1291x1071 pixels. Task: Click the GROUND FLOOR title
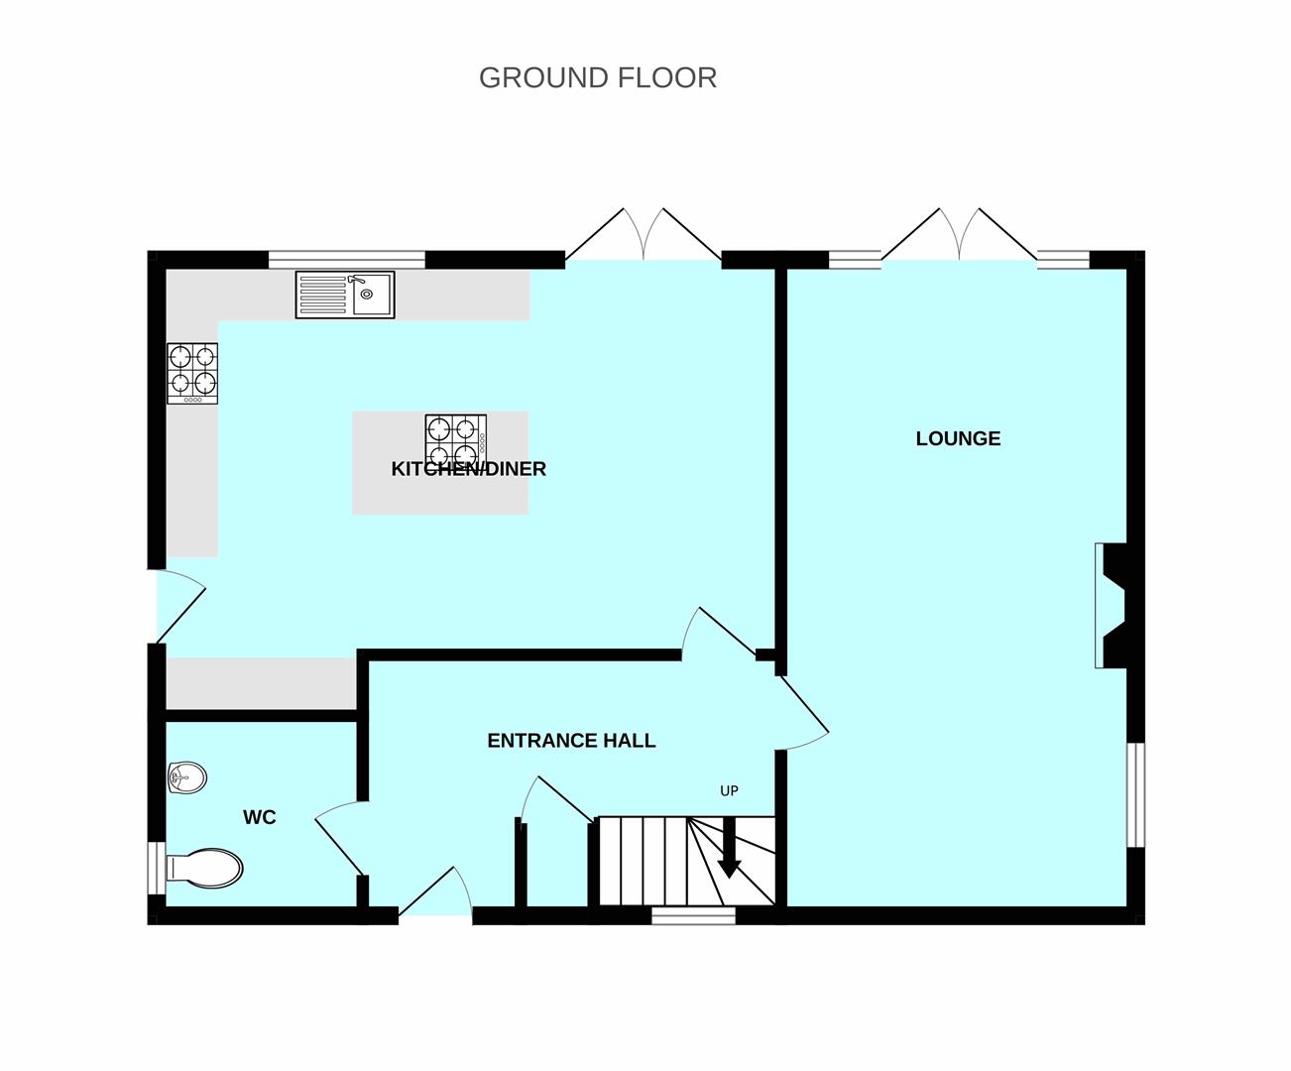(x=598, y=78)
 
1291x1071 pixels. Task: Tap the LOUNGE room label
(x=958, y=438)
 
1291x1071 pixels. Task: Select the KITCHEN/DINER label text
(x=469, y=469)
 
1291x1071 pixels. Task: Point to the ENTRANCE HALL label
(x=571, y=740)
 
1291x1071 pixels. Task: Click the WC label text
(x=259, y=817)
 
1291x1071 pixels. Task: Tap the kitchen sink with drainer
(x=345, y=295)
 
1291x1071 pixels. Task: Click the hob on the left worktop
(x=192, y=374)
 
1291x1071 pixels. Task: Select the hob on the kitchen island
(x=456, y=441)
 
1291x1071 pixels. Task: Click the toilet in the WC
(x=204, y=868)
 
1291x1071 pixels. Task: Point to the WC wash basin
(x=187, y=777)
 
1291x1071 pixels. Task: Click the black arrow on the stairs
(x=730, y=847)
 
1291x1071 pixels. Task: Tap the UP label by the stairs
(x=729, y=791)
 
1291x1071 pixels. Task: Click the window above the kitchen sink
(x=347, y=259)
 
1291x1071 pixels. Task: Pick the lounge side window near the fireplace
(x=1135, y=794)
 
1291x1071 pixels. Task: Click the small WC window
(x=157, y=868)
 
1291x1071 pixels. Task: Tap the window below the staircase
(x=694, y=915)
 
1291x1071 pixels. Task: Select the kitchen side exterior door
(x=180, y=606)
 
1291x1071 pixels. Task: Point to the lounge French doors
(x=959, y=234)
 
